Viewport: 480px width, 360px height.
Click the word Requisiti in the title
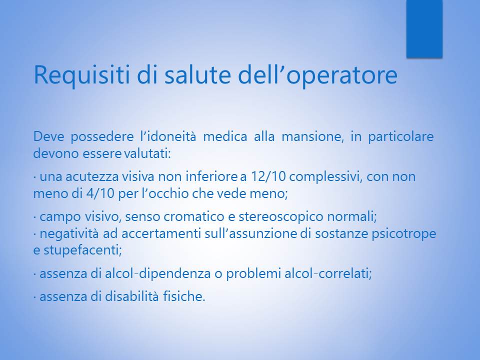pyautogui.click(x=81, y=75)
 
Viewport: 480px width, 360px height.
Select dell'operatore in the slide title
pyautogui.click(x=317, y=75)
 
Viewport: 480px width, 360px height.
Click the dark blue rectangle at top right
pyautogui.click(x=424, y=29)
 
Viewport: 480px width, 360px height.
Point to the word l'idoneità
pyautogui.click(x=168, y=136)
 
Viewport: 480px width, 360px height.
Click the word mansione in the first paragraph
pyautogui.click(x=311, y=136)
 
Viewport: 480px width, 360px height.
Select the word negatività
pyautogui.click(x=69, y=233)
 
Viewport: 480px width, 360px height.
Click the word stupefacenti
pyautogui.click(x=82, y=250)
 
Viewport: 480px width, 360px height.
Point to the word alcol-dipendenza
pyautogui.click(x=158, y=273)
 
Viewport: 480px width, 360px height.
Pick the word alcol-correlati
pyautogui.click(x=328, y=273)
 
